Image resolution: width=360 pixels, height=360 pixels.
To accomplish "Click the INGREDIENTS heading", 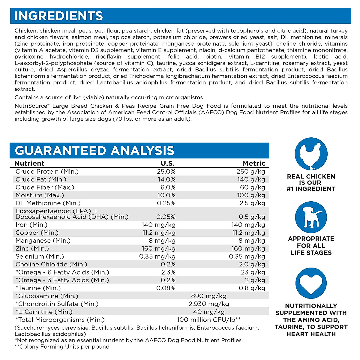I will (x=59, y=16).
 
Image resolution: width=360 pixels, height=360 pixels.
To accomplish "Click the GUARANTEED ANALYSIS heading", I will (x=94, y=151).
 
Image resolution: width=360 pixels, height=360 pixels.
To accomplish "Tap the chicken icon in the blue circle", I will (x=311, y=154).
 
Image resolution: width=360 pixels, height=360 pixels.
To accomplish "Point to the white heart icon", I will (x=311, y=283).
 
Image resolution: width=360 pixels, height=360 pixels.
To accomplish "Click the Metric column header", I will (x=254, y=163).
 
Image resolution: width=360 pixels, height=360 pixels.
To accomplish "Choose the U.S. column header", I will (x=168, y=163).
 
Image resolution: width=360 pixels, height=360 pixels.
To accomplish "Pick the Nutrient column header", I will (x=29, y=163).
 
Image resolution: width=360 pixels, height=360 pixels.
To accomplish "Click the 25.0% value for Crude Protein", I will (x=166, y=172).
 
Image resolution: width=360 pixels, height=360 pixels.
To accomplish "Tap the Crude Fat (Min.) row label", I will (x=41, y=180).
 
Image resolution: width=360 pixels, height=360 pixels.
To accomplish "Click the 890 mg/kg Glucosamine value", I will (x=208, y=296).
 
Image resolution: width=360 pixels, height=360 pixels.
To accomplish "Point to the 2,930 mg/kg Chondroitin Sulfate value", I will (x=209, y=304).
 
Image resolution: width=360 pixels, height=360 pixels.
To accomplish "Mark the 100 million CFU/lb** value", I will (x=209, y=320).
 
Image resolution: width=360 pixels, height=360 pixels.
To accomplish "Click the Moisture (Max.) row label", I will (x=40, y=195).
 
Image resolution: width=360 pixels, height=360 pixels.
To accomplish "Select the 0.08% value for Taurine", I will (x=166, y=288).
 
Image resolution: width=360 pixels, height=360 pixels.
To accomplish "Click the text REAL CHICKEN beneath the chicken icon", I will (x=311, y=177).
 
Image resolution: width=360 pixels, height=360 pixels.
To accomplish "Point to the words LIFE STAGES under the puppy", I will (x=311, y=253).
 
